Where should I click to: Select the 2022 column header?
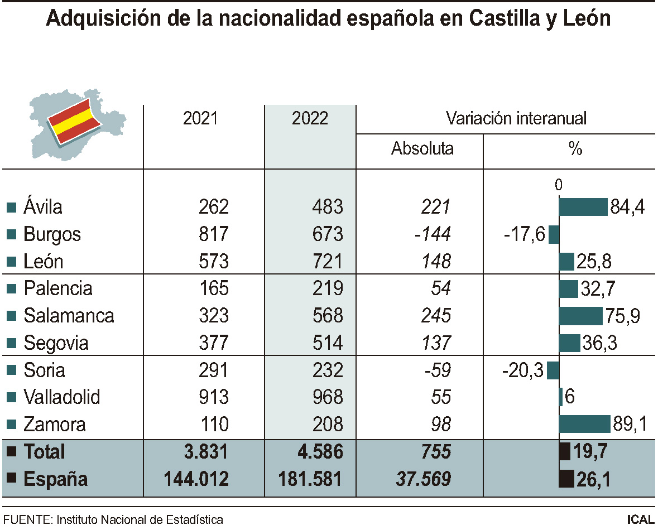pyautogui.click(x=310, y=118)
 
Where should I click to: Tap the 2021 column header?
pyautogui.click(x=201, y=118)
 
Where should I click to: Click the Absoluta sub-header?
pyautogui.click(x=422, y=148)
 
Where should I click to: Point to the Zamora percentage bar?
pyautogui.click(x=585, y=424)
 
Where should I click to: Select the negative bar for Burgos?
pyautogui.click(x=554, y=234)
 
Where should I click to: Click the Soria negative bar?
pyautogui.click(x=553, y=370)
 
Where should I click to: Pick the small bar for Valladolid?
pyautogui.click(x=561, y=397)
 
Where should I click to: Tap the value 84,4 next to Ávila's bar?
pyautogui.click(x=627, y=207)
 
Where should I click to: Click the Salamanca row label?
pyautogui.click(x=69, y=316)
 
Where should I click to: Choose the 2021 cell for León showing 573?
pyautogui.click(x=214, y=261)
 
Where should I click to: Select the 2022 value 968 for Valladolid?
pyautogui.click(x=328, y=397)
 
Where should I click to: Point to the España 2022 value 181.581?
pyautogui.click(x=310, y=479)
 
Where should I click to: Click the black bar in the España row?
pyautogui.click(x=566, y=479)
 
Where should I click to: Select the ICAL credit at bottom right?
pyautogui.click(x=640, y=519)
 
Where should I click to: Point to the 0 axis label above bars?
pyautogui.click(x=559, y=186)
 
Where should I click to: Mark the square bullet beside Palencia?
pyautogui.click(x=11, y=289)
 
